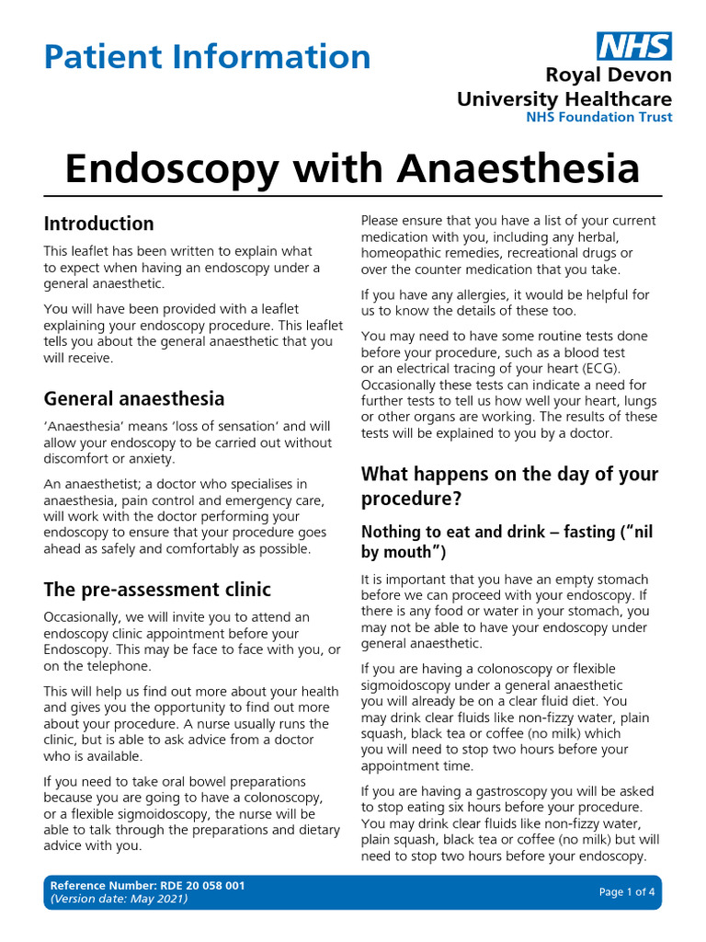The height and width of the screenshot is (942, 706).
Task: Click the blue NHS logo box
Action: (634, 46)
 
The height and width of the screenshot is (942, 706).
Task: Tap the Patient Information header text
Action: (207, 57)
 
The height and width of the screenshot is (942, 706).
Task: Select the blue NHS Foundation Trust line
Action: (598, 117)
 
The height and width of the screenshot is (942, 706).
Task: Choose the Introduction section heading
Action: (99, 224)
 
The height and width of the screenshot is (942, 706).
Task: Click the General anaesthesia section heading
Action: (134, 398)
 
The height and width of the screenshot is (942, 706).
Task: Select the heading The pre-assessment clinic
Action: (157, 589)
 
